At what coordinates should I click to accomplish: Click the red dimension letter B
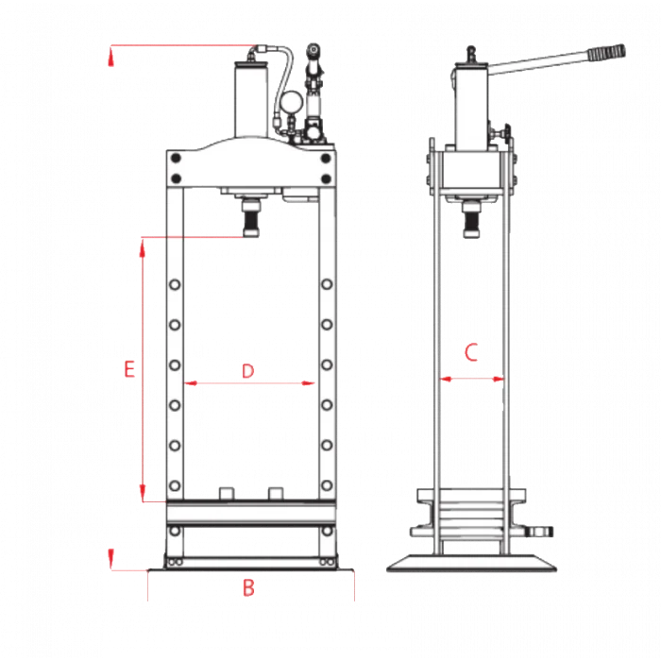click(x=248, y=587)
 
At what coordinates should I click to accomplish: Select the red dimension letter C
click(x=472, y=353)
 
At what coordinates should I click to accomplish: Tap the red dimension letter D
click(x=248, y=371)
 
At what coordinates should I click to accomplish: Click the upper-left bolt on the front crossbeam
click(x=175, y=160)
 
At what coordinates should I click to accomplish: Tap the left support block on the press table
click(x=225, y=494)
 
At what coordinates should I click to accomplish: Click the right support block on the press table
click(x=275, y=494)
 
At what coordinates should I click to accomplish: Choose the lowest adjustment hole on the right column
click(x=325, y=485)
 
